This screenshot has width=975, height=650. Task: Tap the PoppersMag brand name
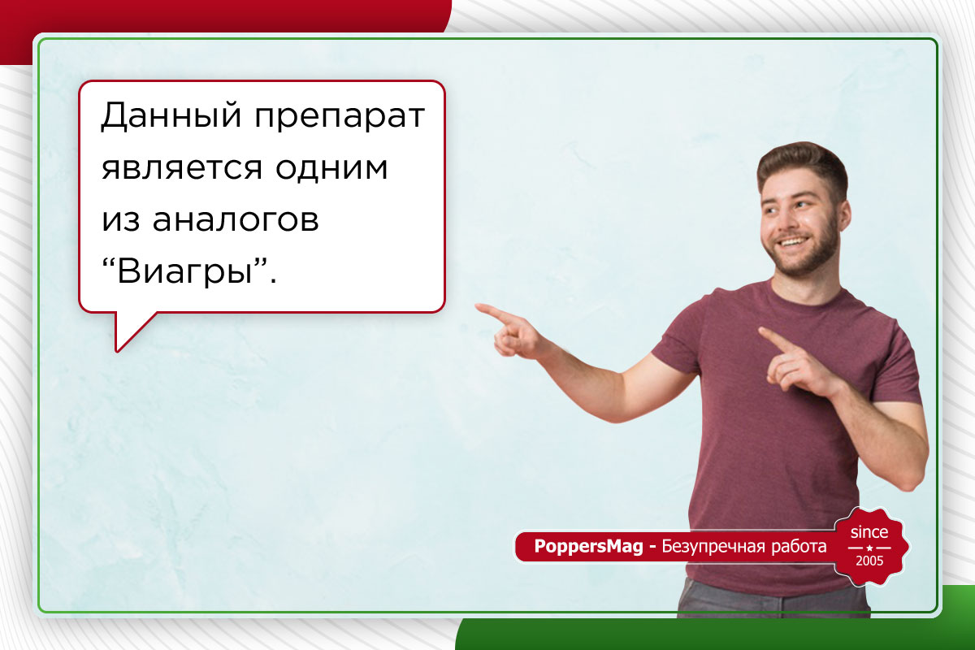(589, 547)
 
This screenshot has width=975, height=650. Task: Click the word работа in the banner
(798, 547)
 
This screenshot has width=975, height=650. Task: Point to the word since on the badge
(869, 532)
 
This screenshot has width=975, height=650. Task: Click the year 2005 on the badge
(869, 561)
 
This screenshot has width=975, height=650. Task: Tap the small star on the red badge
(869, 547)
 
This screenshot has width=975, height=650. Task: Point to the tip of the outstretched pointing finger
(479, 307)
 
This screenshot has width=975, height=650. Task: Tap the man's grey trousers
(772, 605)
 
